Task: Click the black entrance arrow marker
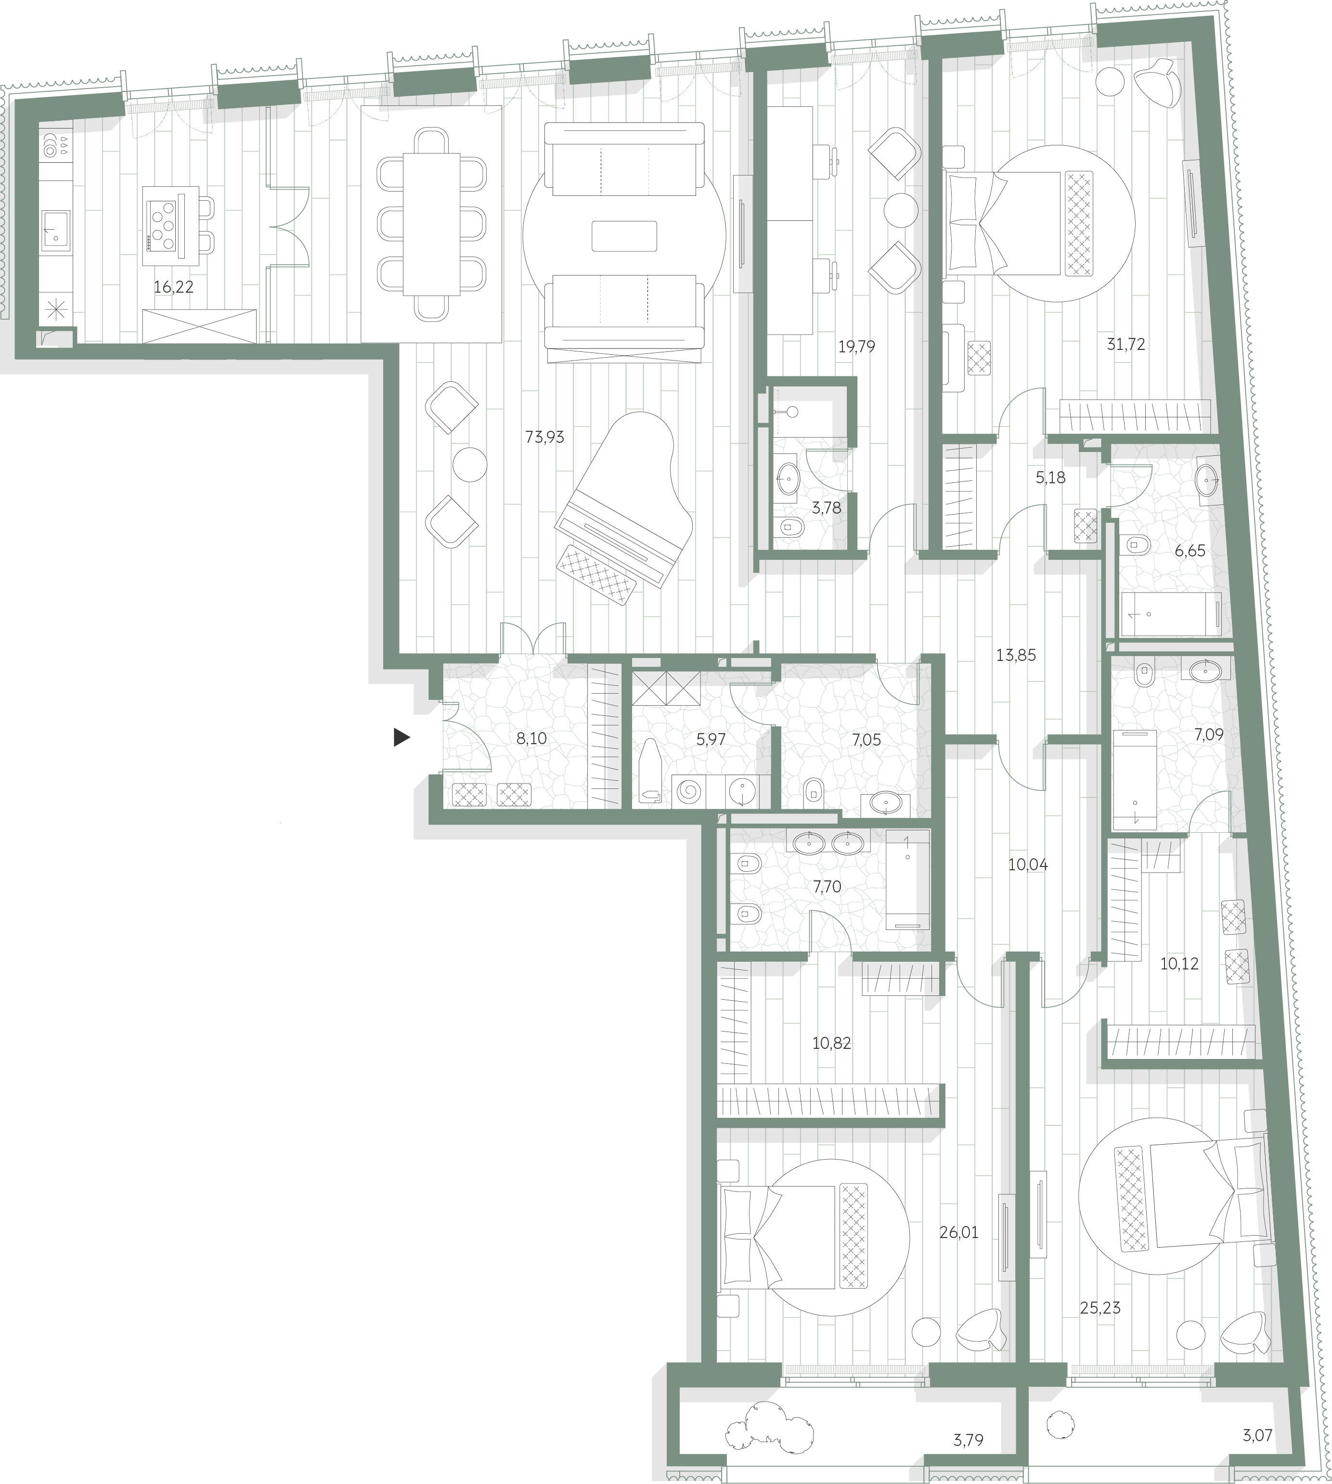[x=401, y=737]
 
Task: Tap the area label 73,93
[x=544, y=438]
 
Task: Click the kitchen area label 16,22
[x=173, y=287]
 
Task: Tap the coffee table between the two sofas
[x=624, y=236]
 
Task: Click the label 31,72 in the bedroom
[x=1125, y=344]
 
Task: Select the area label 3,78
[x=826, y=508]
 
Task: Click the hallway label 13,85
[x=1016, y=656]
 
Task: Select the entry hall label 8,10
[x=531, y=738]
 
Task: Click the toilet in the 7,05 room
[x=813, y=790]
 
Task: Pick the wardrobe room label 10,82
[x=831, y=1043]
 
